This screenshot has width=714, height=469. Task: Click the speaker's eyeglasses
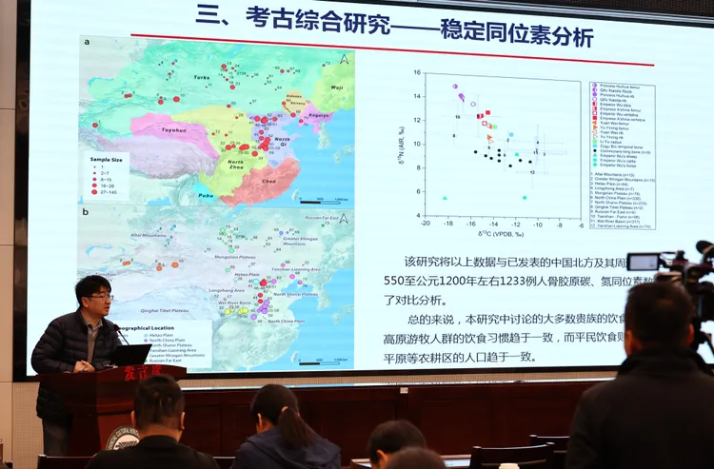(x=99, y=297)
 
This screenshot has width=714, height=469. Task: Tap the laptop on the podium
(x=130, y=355)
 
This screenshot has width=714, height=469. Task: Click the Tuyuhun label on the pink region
(x=172, y=129)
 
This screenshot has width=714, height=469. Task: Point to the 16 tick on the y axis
(x=417, y=72)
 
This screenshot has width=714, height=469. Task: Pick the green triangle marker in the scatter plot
(x=445, y=198)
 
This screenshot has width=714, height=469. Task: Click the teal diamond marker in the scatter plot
(x=525, y=198)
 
